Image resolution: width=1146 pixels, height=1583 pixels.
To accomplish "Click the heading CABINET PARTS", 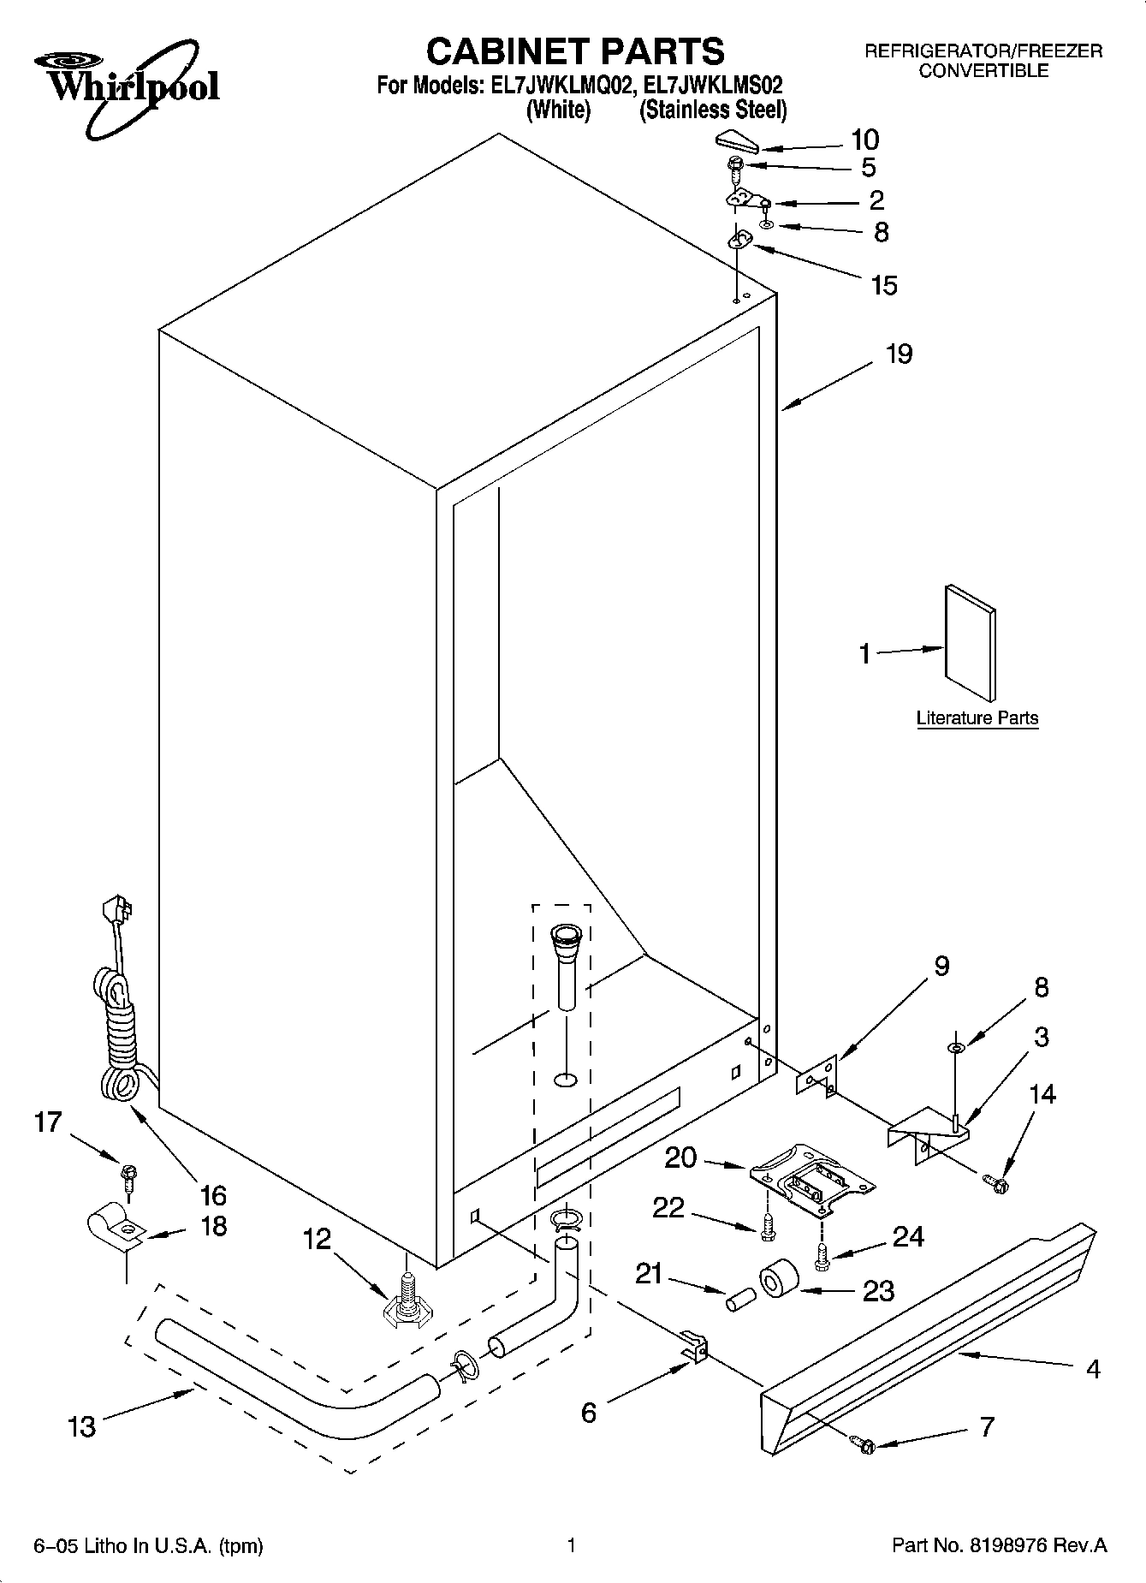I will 574,51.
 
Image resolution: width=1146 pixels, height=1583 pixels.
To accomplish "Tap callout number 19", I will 899,354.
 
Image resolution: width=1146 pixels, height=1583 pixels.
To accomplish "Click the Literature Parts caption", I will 977,717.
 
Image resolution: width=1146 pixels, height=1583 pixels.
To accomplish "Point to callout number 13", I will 82,1426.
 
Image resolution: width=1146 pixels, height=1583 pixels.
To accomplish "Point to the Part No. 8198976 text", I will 999,1545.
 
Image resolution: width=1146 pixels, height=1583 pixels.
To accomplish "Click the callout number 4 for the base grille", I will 1093,1369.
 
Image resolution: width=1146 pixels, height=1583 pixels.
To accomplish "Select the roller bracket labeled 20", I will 811,1179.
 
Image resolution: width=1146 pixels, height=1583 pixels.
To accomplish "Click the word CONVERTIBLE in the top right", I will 983,71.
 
